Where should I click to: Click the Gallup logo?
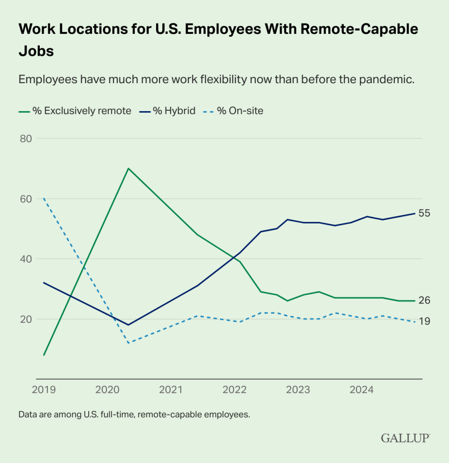pyautogui.click(x=405, y=438)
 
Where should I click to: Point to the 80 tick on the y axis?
pyautogui.click(x=26, y=138)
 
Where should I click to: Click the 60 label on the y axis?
pyautogui.click(x=26, y=199)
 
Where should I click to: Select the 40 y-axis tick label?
pyautogui.click(x=26, y=259)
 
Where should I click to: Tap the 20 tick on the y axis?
pyautogui.click(x=26, y=319)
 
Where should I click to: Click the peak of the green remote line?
pyautogui.click(x=128, y=168)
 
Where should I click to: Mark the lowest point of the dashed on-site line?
pyautogui.click(x=128, y=343)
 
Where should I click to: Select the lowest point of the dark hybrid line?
pyautogui.click(x=128, y=325)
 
